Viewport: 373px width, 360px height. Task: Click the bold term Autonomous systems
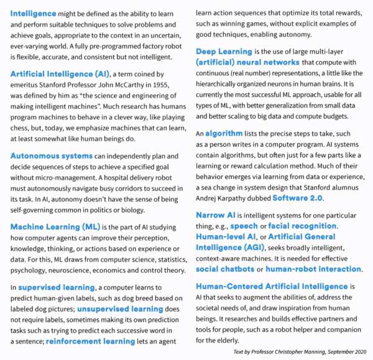coord(51,155)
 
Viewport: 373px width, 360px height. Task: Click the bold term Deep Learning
coord(225,52)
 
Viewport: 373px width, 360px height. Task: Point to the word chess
coord(21,127)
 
